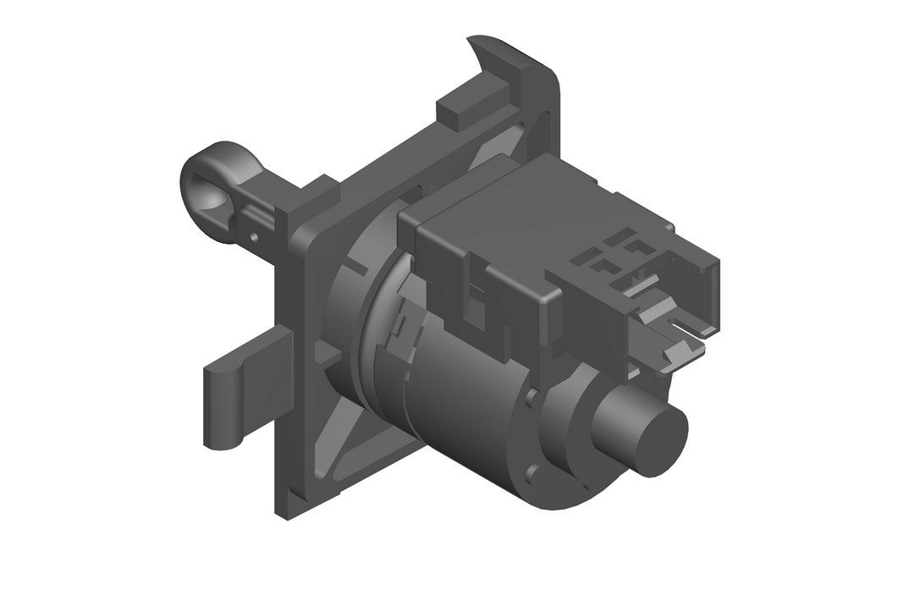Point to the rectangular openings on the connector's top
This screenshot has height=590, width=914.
pyautogui.click(x=623, y=254)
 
